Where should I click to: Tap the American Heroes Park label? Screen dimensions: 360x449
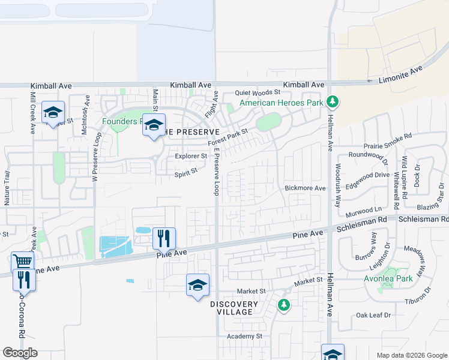[282, 103]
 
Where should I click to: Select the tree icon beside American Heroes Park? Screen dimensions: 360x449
[333, 103]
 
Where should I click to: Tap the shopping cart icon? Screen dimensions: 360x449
[22, 262]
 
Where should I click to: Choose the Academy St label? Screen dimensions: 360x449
[244, 337]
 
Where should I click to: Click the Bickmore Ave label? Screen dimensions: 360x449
[305, 188]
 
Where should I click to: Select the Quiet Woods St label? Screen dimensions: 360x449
[258, 92]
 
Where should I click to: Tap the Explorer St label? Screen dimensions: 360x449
[191, 157]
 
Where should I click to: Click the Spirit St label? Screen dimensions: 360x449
[185, 172]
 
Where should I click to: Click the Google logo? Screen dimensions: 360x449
[20, 353]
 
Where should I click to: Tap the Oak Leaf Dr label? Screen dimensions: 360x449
[373, 314]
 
